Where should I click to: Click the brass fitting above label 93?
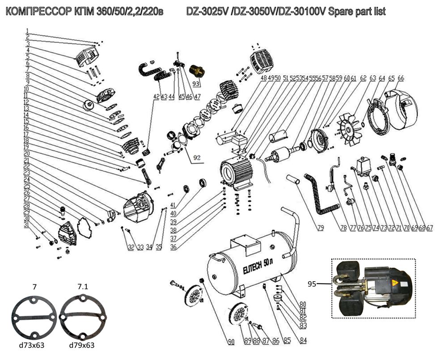coord(196,70)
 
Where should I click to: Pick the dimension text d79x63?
coord(82,345)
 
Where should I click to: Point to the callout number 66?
coord(401,78)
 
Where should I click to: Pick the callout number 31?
coord(26,224)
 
